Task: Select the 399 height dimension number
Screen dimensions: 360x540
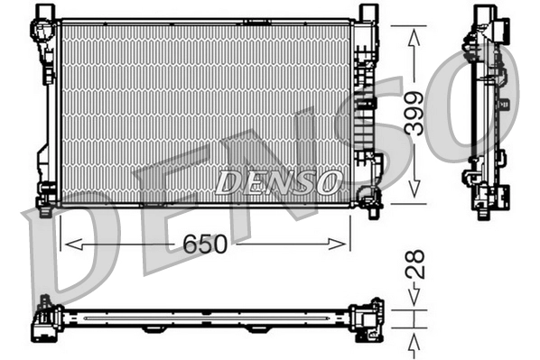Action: pos(414,114)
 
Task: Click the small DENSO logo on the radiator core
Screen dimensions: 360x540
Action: pos(277,181)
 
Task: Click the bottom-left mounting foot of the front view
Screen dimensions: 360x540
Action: pos(45,194)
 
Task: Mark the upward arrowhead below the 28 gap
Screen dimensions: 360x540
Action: pos(414,339)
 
